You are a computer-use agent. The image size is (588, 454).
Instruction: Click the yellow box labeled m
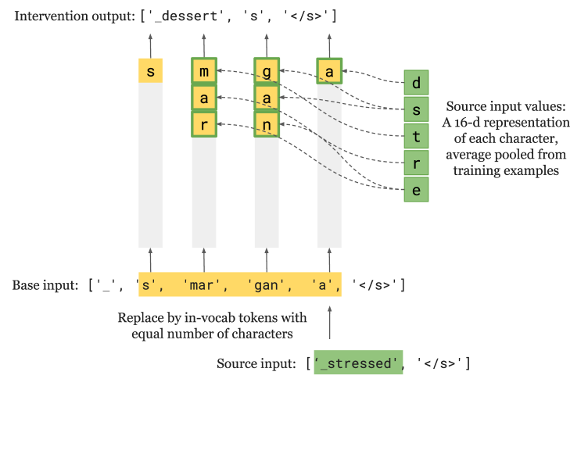pos(204,72)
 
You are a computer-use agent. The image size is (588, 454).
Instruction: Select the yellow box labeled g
pos(267,72)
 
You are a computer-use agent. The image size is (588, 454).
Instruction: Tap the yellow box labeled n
pos(267,124)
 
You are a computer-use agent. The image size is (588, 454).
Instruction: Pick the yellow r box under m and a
pos(204,124)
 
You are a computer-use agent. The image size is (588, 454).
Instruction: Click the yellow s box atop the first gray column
pos(151,71)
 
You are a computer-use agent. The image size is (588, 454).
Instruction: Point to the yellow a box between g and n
pos(267,98)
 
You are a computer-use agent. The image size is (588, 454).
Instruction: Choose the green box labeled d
pos(416,82)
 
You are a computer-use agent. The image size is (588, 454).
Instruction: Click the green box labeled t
pos(416,136)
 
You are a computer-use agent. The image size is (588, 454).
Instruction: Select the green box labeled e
pos(416,190)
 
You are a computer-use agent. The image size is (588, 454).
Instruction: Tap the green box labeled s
pos(416,109)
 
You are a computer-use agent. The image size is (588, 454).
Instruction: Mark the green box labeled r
pos(416,163)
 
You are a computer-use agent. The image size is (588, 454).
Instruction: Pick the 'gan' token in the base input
pos(266,285)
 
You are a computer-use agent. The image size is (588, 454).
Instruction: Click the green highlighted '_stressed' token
pos(359,363)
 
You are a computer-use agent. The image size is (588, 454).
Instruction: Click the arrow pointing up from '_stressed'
pos(329,322)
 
